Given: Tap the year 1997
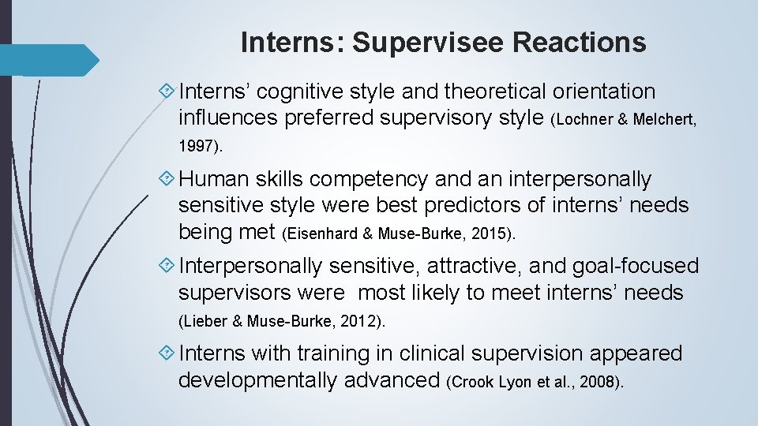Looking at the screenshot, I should tap(196, 146).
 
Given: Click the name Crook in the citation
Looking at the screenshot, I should tap(471, 383).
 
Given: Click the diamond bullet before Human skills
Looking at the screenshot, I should tap(167, 180).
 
